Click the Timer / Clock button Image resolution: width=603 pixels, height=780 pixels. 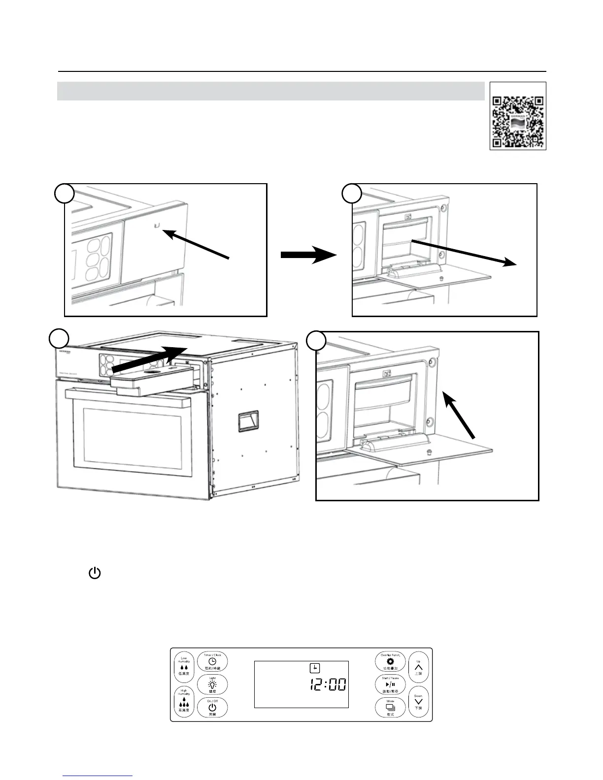213,661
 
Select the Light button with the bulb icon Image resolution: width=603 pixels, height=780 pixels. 213,685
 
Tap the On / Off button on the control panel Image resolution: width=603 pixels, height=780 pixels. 213,708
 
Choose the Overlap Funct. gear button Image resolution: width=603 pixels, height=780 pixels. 390,661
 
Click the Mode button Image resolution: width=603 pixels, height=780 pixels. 390,708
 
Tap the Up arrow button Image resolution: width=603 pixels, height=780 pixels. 419,668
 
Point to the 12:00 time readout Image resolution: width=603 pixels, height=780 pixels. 327,684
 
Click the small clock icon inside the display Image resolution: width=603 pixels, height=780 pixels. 314,668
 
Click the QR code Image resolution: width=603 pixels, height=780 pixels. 518,116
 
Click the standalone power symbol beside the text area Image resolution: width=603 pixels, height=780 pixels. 95,573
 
